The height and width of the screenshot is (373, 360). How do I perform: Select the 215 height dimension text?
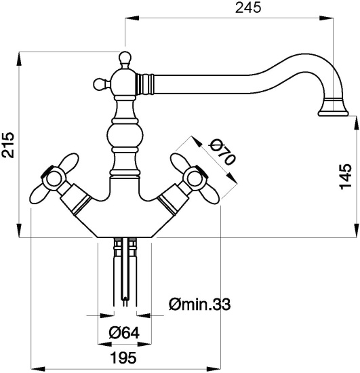[9, 144]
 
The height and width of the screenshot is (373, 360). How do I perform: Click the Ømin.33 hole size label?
[198, 305]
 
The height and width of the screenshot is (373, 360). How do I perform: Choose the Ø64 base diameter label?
[125, 333]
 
